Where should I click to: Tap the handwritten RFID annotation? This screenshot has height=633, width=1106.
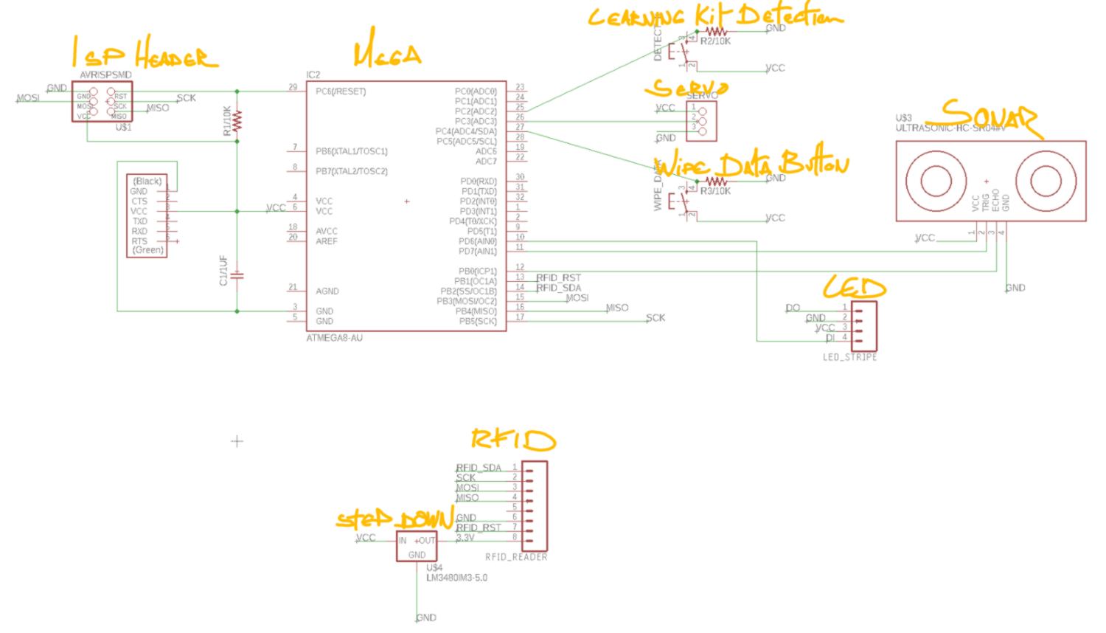[x=513, y=440]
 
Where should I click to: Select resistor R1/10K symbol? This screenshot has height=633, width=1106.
[x=237, y=122]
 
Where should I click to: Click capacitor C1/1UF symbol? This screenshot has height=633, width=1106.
[x=237, y=276]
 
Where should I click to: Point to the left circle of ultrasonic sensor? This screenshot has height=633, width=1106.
[x=936, y=181]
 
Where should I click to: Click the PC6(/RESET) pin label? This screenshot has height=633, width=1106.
[x=341, y=91]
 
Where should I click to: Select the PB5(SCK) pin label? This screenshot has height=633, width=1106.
[x=478, y=322]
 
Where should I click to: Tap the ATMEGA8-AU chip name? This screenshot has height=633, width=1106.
[x=334, y=338]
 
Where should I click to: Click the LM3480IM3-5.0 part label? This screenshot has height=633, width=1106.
[x=456, y=578]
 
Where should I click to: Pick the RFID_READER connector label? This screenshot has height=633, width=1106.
[x=516, y=557]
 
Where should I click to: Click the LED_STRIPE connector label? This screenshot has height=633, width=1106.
[x=849, y=357]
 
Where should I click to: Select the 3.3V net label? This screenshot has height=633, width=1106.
[x=465, y=538]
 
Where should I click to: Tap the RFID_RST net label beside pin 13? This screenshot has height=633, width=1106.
[x=558, y=278]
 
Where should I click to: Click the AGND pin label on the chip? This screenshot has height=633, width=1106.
[x=327, y=291]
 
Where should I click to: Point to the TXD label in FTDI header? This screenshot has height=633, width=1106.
[x=139, y=221]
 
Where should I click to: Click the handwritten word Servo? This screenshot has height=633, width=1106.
[x=686, y=89]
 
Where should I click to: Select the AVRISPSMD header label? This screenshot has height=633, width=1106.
[x=105, y=75]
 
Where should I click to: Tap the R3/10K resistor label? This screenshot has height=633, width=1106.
[x=715, y=191]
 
